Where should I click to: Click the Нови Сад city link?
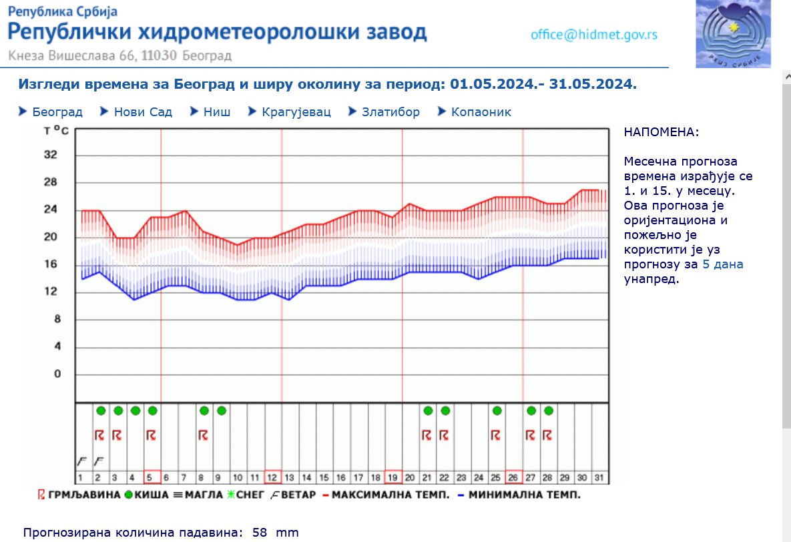click(x=143, y=112)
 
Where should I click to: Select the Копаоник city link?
click(x=481, y=112)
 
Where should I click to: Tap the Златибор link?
click(x=390, y=112)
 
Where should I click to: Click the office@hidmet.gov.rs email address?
click(x=594, y=35)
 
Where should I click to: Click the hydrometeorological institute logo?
click(x=733, y=33)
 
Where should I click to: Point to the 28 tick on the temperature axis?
click(x=51, y=182)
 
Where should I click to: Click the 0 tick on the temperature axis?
click(x=56, y=374)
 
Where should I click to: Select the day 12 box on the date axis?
click(x=272, y=477)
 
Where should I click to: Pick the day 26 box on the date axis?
click(x=513, y=477)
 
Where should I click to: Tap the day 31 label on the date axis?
click(x=599, y=477)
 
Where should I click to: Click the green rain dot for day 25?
click(x=497, y=411)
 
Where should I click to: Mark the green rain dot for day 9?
click(x=222, y=411)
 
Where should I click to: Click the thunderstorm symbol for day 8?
click(x=203, y=435)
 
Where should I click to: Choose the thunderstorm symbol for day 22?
click(x=445, y=435)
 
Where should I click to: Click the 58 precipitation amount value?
click(x=260, y=533)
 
